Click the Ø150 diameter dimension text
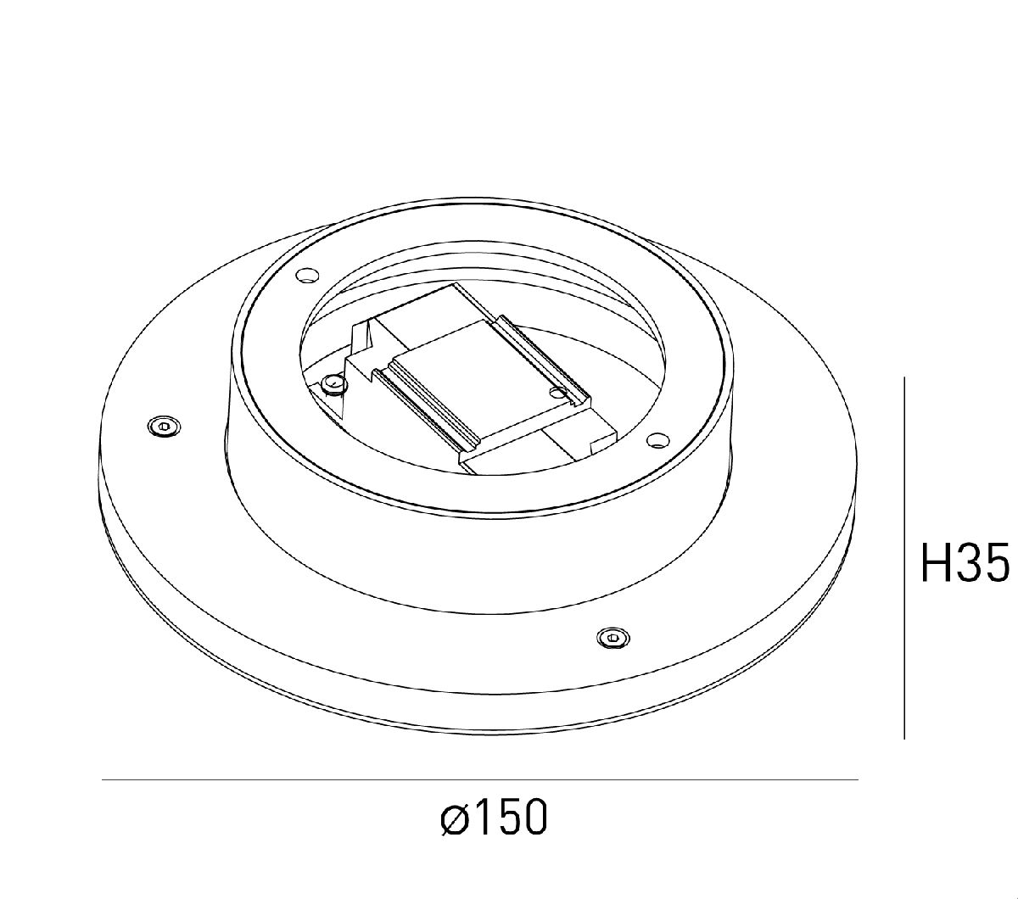(x=495, y=818)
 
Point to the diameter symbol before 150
(x=455, y=819)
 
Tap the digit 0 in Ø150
(x=533, y=818)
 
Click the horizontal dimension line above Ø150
(x=479, y=779)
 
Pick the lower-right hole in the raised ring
(x=656, y=439)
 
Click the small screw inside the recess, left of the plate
(x=333, y=386)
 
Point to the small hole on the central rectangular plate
(x=557, y=392)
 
